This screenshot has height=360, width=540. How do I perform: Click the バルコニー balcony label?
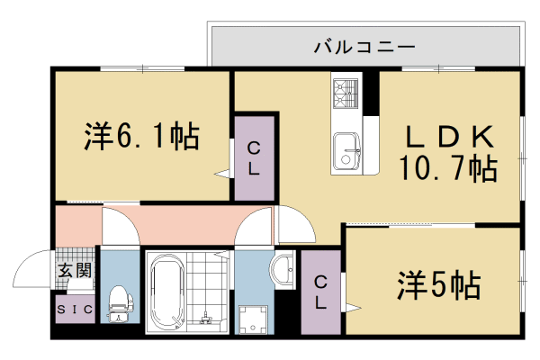[364, 45]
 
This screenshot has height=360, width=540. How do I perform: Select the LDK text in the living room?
[447, 137]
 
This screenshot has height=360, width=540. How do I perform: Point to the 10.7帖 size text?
[447, 167]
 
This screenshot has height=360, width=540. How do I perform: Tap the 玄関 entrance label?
[75, 270]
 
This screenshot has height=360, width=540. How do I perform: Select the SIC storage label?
[74, 310]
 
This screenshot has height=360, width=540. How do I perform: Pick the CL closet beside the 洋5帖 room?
[321, 293]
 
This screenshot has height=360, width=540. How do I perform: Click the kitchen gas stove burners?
[346, 91]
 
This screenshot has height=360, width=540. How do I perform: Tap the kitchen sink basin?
[346, 149]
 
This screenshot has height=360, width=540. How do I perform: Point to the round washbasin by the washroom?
[284, 269]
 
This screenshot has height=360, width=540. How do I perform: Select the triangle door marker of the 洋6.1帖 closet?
[221, 173]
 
